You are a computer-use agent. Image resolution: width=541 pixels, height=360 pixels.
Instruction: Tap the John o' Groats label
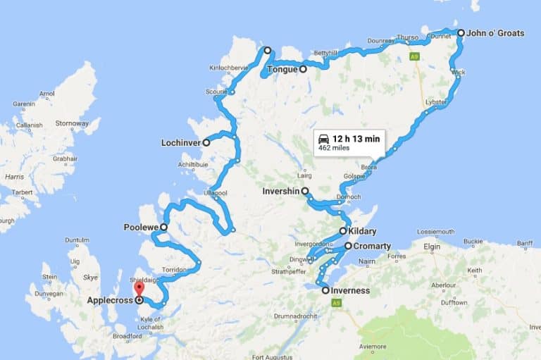click(x=495, y=33)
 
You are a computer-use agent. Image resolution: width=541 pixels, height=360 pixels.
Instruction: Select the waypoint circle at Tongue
click(x=303, y=69)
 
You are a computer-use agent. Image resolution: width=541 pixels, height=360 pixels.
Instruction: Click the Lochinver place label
click(x=180, y=142)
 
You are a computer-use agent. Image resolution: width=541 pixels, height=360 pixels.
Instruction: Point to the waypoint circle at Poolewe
click(x=163, y=228)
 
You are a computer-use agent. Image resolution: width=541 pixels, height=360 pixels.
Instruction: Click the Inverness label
click(x=351, y=290)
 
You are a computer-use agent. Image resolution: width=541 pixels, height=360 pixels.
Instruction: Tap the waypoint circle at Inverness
click(x=325, y=290)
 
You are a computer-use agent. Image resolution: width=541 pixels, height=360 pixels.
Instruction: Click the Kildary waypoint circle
click(x=343, y=231)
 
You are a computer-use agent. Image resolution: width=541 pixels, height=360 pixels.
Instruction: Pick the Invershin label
click(x=281, y=191)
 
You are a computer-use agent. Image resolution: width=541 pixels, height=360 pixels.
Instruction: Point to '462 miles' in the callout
click(x=335, y=148)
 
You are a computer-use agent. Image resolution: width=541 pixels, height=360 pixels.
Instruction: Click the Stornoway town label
click(x=72, y=123)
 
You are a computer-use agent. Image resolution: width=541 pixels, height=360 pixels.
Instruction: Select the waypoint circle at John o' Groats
click(x=461, y=33)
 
